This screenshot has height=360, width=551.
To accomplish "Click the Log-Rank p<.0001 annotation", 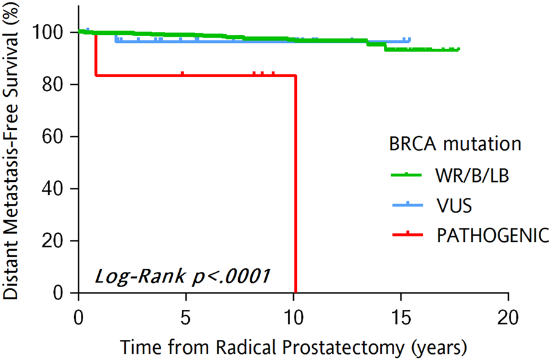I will click(182, 276).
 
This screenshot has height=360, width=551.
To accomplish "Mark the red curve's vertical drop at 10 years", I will click(296, 184).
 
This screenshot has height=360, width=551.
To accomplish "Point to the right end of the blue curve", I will click(409, 40).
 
